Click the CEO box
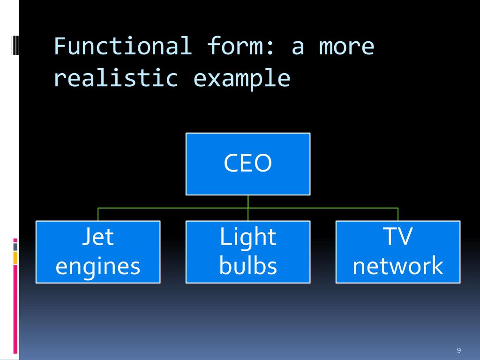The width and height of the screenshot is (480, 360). [247, 164]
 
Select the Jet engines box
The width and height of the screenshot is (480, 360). [98, 252]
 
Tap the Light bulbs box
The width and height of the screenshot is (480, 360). [247, 252]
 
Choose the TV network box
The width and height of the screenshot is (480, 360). [397, 252]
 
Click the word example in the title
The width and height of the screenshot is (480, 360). [242, 79]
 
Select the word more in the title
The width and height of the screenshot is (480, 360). [347, 46]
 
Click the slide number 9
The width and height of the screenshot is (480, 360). [458, 351]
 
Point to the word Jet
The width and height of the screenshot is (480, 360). [98, 237]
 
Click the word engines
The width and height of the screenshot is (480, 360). [98, 266]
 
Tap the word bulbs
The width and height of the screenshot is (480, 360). [248, 266]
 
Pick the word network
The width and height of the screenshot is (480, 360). [397, 266]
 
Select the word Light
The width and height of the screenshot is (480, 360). [248, 237]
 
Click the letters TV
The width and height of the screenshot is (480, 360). [397, 237]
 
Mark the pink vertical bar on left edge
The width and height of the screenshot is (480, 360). [15, 309]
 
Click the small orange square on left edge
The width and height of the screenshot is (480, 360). [15, 257]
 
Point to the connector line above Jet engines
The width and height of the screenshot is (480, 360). [98, 214]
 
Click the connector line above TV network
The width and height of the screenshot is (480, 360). [397, 214]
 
